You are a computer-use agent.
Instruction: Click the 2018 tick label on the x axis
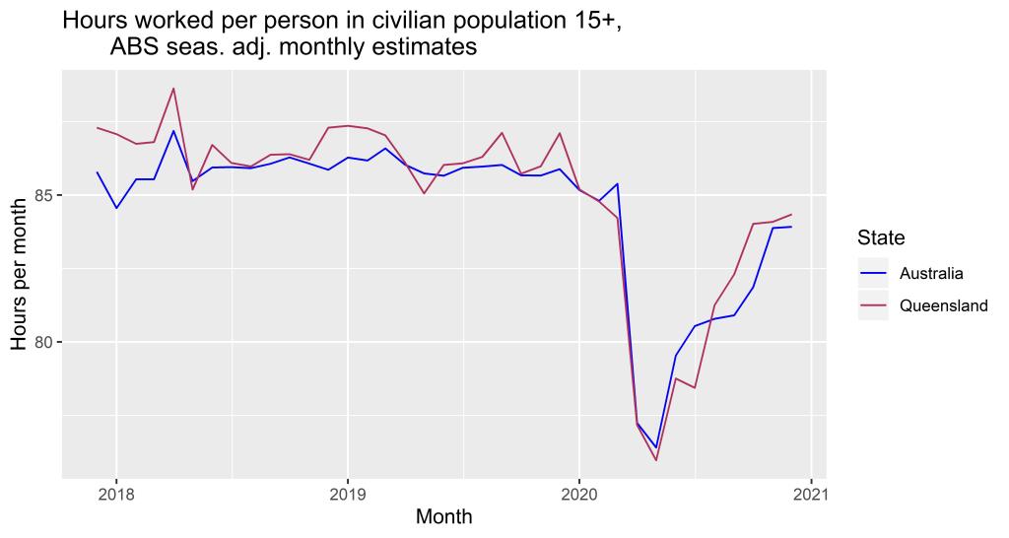coord(116,493)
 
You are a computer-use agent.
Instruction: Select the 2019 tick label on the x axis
coord(347,493)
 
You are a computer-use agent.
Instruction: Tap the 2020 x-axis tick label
coord(578,493)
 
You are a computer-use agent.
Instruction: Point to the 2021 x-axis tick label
coord(810,493)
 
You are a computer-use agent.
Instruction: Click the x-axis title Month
coord(443,516)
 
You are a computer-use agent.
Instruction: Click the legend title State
coord(881,237)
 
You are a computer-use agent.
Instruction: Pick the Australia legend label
coord(931,273)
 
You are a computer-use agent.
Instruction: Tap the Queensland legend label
coord(943,305)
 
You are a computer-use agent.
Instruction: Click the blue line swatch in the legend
coord(873,273)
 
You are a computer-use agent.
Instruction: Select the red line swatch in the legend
coord(873,305)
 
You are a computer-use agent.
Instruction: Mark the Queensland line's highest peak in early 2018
coord(173,89)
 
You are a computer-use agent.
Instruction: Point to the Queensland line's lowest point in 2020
coord(656,460)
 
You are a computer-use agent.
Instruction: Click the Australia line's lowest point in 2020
coord(656,447)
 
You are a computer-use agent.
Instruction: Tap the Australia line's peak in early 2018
coord(173,131)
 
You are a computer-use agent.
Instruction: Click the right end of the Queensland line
coord(791,215)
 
